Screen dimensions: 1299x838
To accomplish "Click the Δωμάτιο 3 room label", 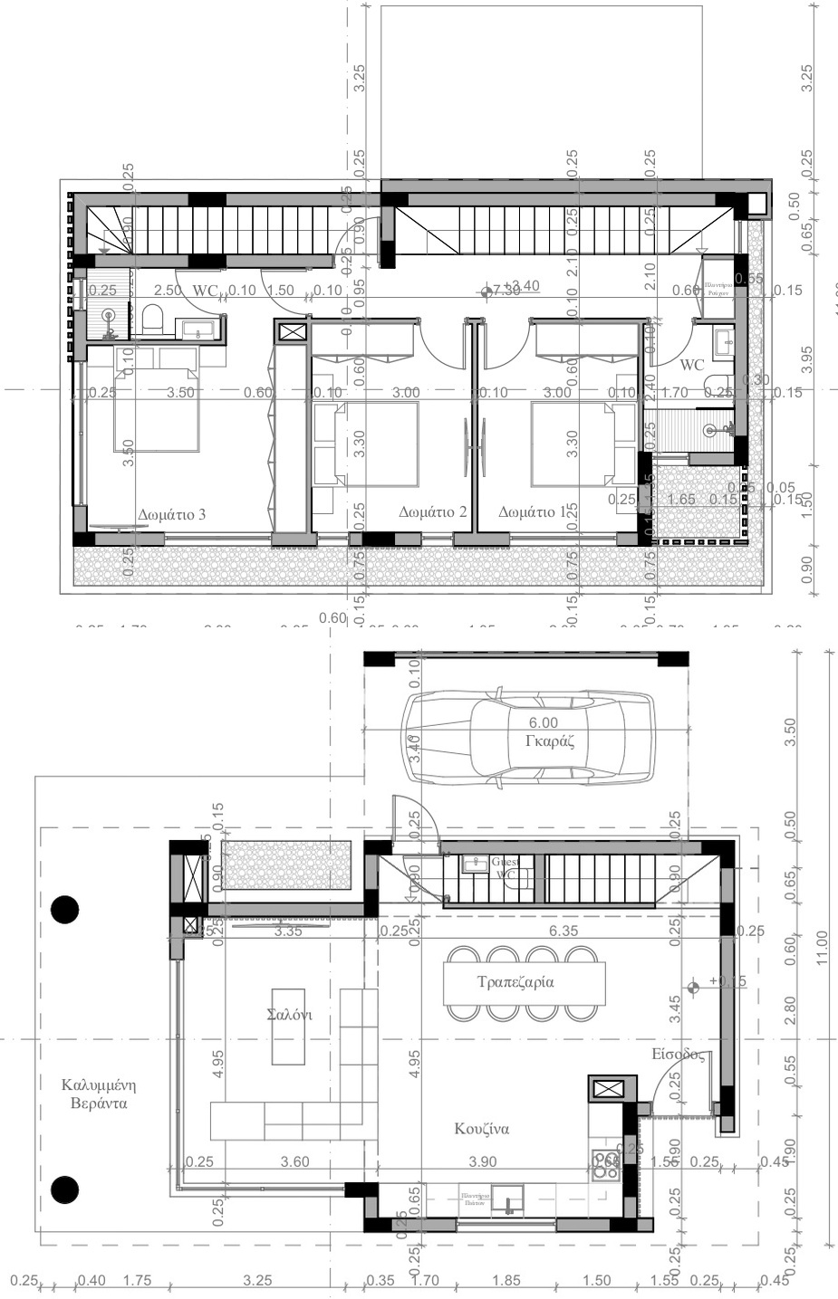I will pos(171,514).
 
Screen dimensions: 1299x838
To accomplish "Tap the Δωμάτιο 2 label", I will pos(433,512).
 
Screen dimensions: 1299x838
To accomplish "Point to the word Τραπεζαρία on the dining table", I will pos(515,981).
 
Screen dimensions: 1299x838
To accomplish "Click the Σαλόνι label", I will pos(290,1015).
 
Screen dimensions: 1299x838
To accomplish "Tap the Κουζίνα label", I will pos(482,1129).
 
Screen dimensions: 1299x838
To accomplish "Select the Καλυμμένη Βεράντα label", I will pos(93,1094).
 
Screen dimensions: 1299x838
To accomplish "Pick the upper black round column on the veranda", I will pos(64,909).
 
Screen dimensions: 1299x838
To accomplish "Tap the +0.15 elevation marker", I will pos(726,981).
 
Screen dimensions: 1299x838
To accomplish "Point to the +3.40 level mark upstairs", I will pos(521,287).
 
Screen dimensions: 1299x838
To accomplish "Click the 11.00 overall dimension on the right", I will pos(822,948).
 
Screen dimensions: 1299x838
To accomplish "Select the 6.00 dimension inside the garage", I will pos(544,722).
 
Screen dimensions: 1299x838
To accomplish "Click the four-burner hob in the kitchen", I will pos(606,1165).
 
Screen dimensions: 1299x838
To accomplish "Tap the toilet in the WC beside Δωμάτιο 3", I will pos(151,318).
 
